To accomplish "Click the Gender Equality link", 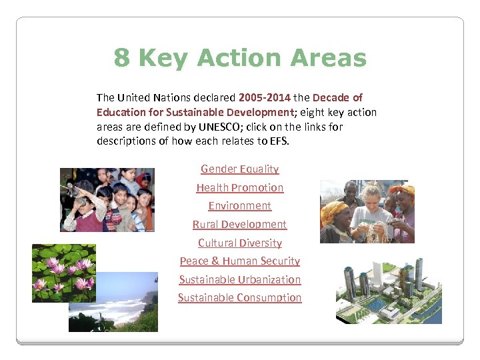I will (239, 169).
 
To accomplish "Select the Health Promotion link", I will (239, 188).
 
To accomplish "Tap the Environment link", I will (239, 206).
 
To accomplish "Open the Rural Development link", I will (239, 225).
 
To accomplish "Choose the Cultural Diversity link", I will (239, 243).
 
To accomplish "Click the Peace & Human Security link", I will (239, 261).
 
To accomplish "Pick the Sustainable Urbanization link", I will (239, 280).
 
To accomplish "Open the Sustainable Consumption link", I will (239, 298).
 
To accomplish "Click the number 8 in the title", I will (121, 58).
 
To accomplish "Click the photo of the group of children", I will (107, 199).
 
